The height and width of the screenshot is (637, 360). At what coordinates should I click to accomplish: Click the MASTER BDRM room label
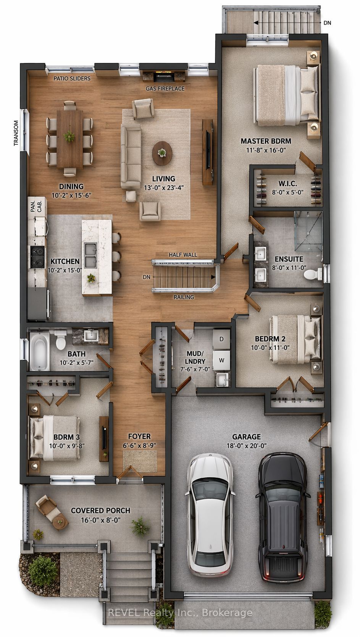point(266,141)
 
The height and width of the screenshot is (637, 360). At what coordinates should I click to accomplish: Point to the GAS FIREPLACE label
point(165,89)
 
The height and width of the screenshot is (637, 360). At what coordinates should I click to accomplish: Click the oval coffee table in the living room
point(162,153)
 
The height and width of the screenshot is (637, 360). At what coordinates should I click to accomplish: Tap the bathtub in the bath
point(40,352)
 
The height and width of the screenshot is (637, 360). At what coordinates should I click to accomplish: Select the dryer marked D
point(221,339)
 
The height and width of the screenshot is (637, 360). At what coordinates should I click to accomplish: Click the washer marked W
point(221,360)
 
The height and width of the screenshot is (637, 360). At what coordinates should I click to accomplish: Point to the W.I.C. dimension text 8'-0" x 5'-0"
point(287,192)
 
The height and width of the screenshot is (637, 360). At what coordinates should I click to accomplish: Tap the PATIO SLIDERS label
point(72,78)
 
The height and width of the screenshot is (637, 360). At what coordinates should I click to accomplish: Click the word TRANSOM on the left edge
point(16,133)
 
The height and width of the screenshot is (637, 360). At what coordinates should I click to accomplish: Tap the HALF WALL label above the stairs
point(183,255)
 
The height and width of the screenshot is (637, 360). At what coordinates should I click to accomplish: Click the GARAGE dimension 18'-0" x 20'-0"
point(246,445)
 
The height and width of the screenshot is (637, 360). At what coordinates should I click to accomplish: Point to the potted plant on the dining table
point(69,136)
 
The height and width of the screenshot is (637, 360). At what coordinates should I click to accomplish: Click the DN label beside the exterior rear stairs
point(327,23)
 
